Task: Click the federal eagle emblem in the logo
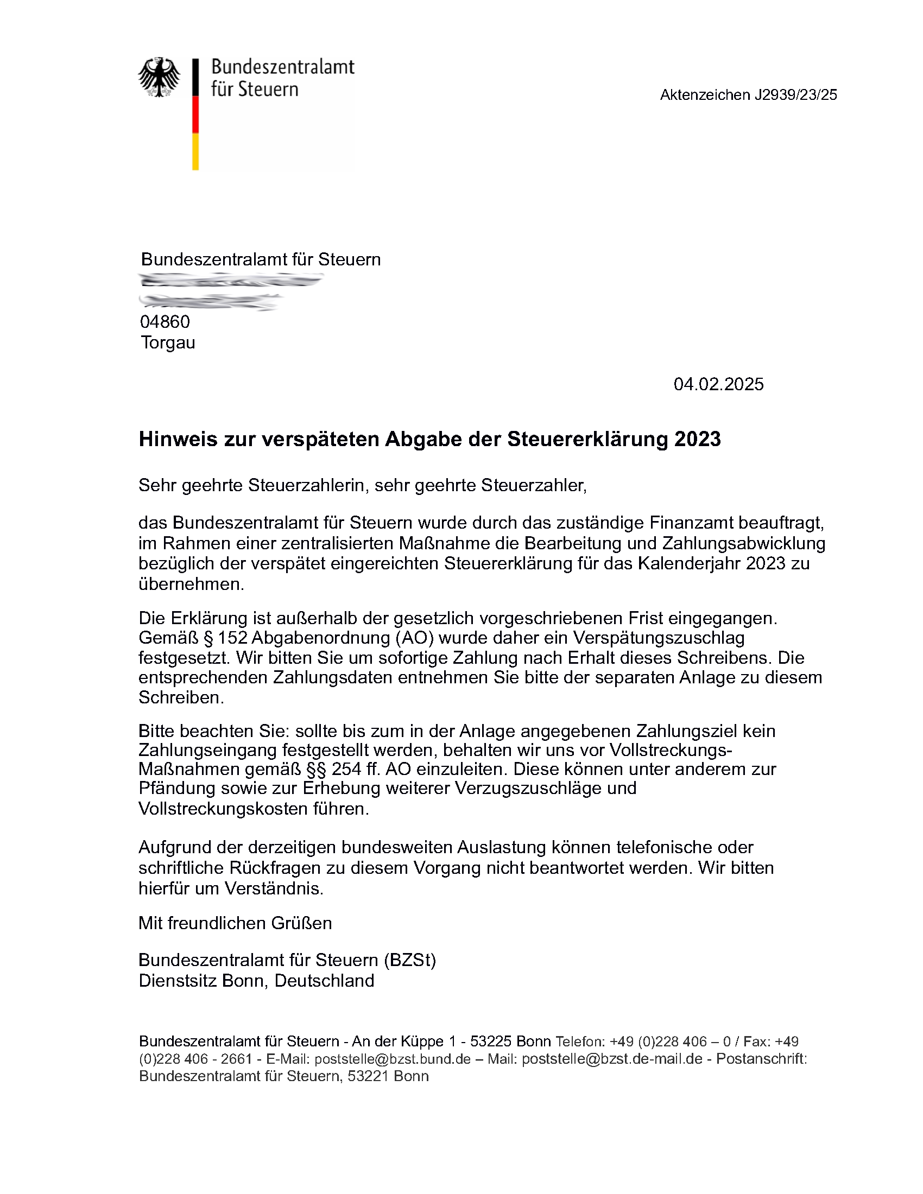pyautogui.click(x=159, y=77)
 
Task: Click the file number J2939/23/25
pyautogui.click(x=795, y=95)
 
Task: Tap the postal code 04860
pyautogui.click(x=165, y=321)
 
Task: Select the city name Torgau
pyautogui.click(x=168, y=343)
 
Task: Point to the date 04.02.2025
pyautogui.click(x=718, y=384)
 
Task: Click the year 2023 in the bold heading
pyautogui.click(x=697, y=439)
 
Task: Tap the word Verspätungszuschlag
pyautogui.click(x=659, y=638)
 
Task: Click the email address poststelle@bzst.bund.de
pyautogui.click(x=392, y=1059)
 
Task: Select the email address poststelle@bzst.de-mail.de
pyautogui.click(x=612, y=1059)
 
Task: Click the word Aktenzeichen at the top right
pyautogui.click(x=704, y=95)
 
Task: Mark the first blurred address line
pyautogui.click(x=231, y=281)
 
